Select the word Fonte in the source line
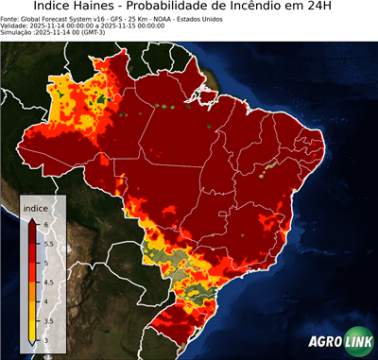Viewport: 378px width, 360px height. point(11,17)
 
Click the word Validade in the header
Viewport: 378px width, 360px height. point(17,25)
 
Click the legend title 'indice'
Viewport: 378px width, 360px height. point(36,208)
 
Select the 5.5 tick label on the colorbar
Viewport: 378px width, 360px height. point(49,244)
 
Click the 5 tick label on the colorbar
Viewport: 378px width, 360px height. point(46,263)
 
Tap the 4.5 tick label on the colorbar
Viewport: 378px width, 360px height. point(49,282)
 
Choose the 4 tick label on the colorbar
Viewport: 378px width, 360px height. point(46,300)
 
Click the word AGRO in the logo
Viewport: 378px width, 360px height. point(327,343)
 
